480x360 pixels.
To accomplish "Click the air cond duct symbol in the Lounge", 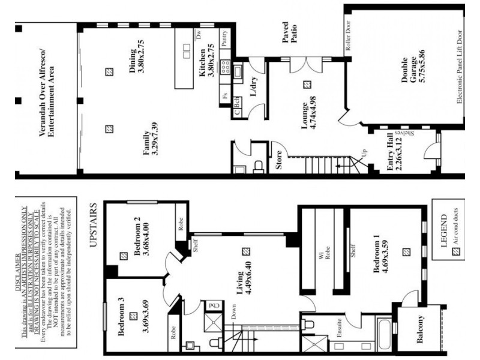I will [307, 85].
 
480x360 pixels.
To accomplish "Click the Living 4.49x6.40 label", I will [243, 282].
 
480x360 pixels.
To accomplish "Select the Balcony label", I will [420, 330].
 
